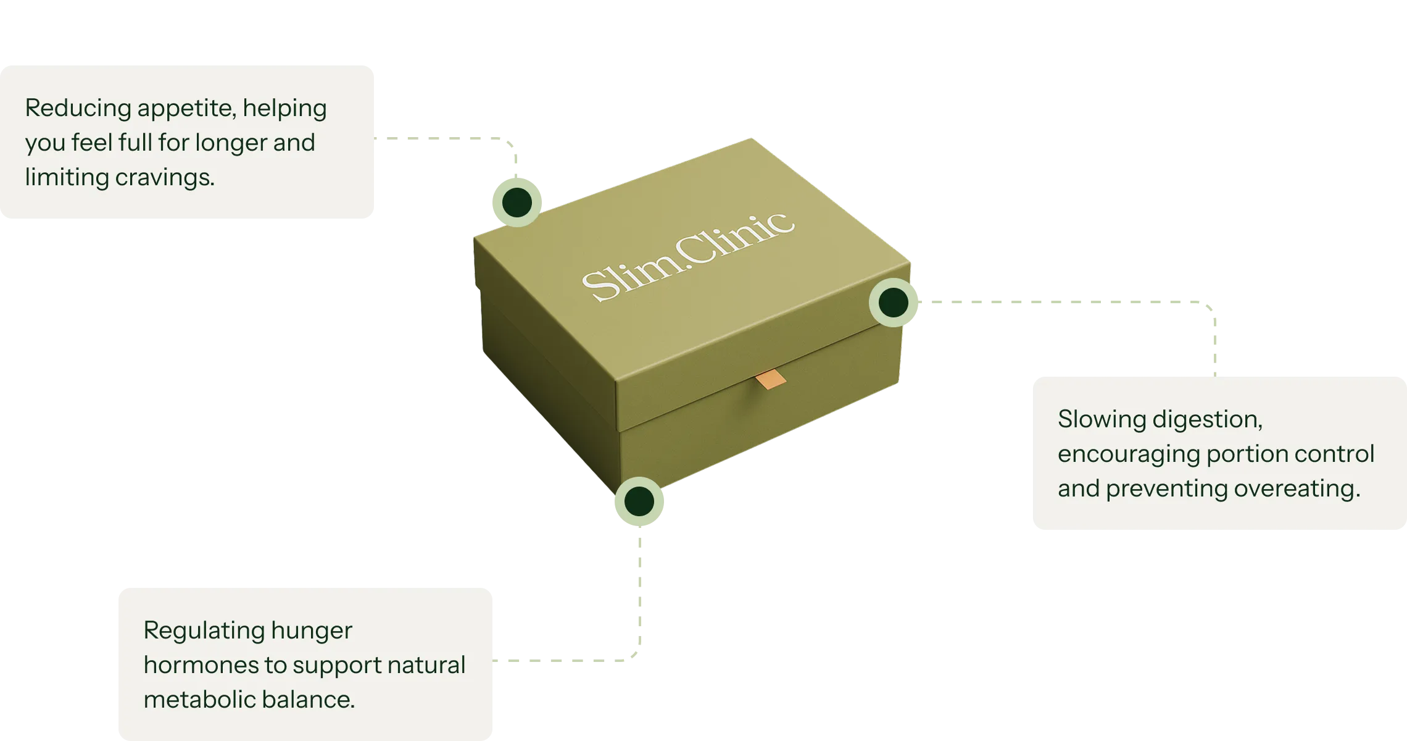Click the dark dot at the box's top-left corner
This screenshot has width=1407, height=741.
click(517, 201)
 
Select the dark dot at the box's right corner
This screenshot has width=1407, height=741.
click(893, 303)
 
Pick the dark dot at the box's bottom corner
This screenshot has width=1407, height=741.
click(639, 501)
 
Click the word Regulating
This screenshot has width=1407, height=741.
click(203, 631)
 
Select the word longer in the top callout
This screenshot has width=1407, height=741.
click(231, 143)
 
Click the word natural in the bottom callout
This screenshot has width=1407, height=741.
click(426, 666)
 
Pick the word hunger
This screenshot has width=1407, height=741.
click(312, 631)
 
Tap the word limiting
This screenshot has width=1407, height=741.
click(66, 178)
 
